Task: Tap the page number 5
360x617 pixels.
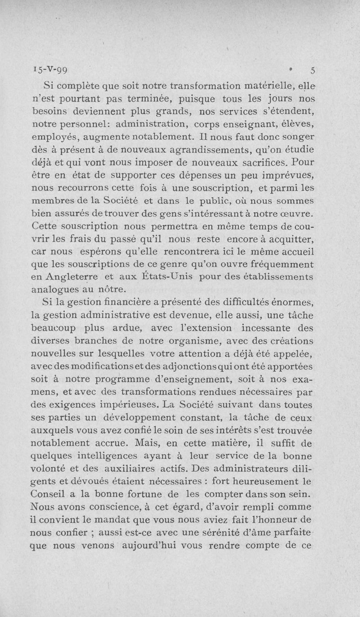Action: (x=313, y=70)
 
